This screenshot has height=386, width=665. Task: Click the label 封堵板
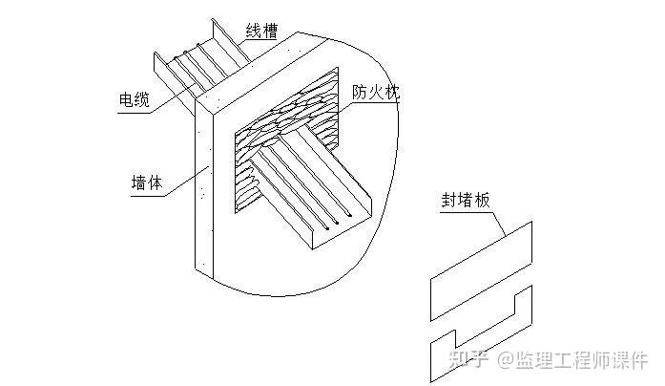click(x=463, y=201)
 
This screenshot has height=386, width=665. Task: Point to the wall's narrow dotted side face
click(x=203, y=191)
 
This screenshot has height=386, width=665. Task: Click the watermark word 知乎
click(x=466, y=359)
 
